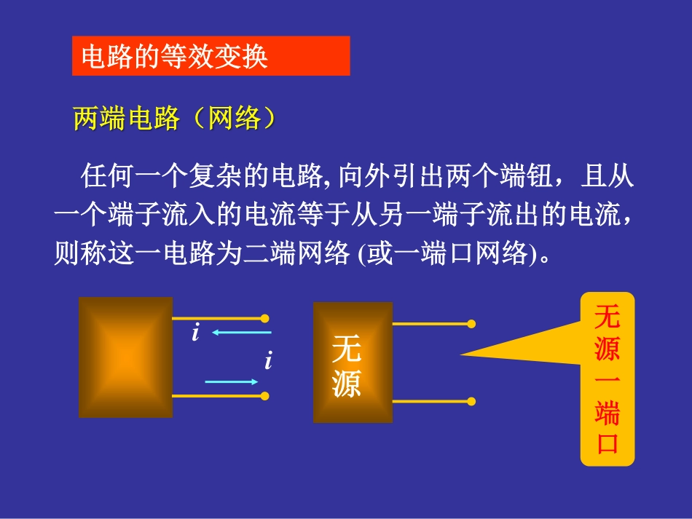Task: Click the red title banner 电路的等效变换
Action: [x=211, y=56]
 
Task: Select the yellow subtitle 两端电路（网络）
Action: [x=175, y=118]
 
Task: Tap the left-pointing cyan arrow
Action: [x=241, y=333]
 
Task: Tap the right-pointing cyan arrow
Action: [x=232, y=381]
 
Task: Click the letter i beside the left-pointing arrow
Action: [x=195, y=334]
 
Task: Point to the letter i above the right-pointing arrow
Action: [x=268, y=360]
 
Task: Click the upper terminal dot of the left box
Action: [x=264, y=318]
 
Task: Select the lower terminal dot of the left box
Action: [x=264, y=396]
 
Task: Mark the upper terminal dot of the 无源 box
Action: [x=471, y=323]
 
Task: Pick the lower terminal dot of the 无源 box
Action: [x=471, y=401]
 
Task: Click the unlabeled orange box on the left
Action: [x=125, y=357]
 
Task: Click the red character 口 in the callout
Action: [x=607, y=443]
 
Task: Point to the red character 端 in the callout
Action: [x=607, y=413]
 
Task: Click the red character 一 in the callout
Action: [x=607, y=381]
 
